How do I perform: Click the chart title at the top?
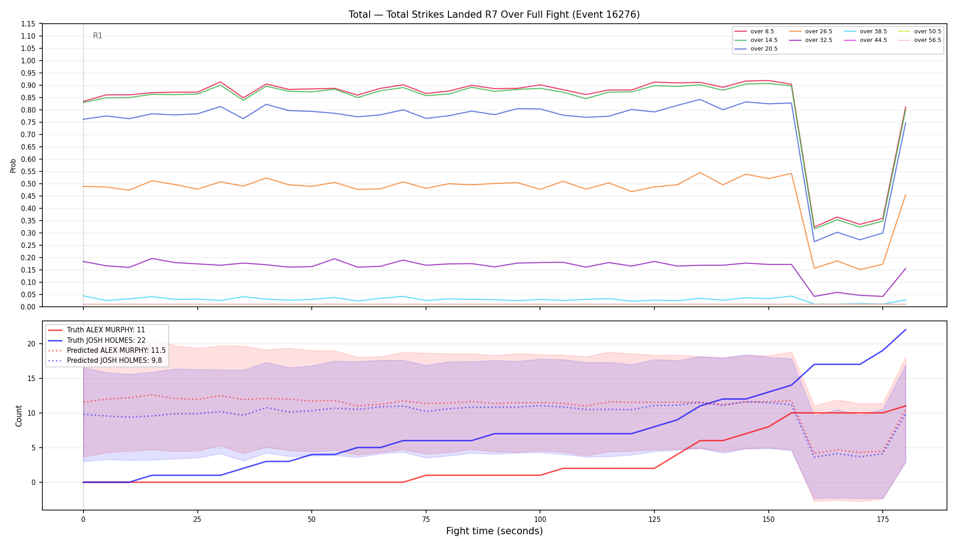coord(494,15)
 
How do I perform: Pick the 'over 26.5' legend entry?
coord(811,31)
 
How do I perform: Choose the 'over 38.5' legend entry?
coord(865,31)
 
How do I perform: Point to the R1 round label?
coord(98,36)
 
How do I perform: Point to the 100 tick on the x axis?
coord(540,519)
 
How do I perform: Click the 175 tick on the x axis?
coord(882,519)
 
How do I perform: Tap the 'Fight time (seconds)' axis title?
coord(494,531)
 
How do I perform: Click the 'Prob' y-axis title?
coord(13,165)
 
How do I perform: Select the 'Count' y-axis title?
coord(19,416)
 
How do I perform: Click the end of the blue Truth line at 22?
coord(905,330)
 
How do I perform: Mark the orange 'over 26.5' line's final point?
coord(905,195)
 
